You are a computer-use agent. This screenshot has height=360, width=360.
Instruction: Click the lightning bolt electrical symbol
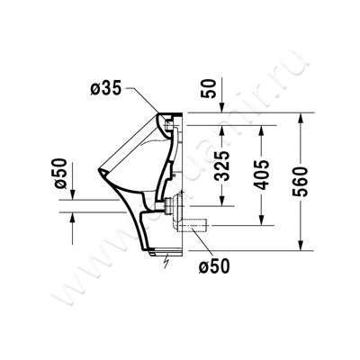[x=166, y=263]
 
